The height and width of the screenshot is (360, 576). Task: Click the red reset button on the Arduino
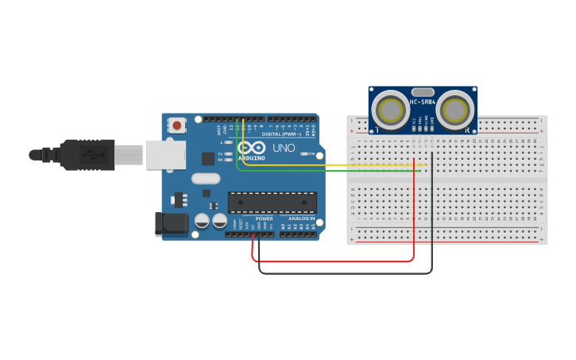click(x=176, y=125)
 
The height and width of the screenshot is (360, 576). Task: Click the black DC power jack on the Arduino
click(x=171, y=224)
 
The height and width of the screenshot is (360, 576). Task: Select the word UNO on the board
click(x=284, y=148)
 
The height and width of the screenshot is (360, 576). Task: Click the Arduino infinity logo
click(x=252, y=148)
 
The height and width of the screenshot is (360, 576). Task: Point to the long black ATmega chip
click(x=273, y=202)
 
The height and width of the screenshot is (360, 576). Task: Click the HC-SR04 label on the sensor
click(x=423, y=102)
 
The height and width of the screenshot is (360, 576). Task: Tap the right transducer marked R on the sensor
click(x=456, y=110)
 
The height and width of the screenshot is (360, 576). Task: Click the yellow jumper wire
click(x=334, y=165)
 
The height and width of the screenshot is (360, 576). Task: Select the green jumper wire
click(x=334, y=170)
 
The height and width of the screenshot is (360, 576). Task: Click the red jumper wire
click(x=334, y=261)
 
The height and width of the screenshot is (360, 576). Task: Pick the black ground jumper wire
click(x=342, y=273)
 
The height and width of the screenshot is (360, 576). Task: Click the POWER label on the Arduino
click(x=264, y=219)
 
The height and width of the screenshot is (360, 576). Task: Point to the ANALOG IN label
click(x=301, y=219)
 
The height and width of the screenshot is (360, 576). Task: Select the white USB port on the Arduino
click(x=164, y=154)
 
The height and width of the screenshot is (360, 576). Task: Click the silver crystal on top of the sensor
click(x=423, y=91)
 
